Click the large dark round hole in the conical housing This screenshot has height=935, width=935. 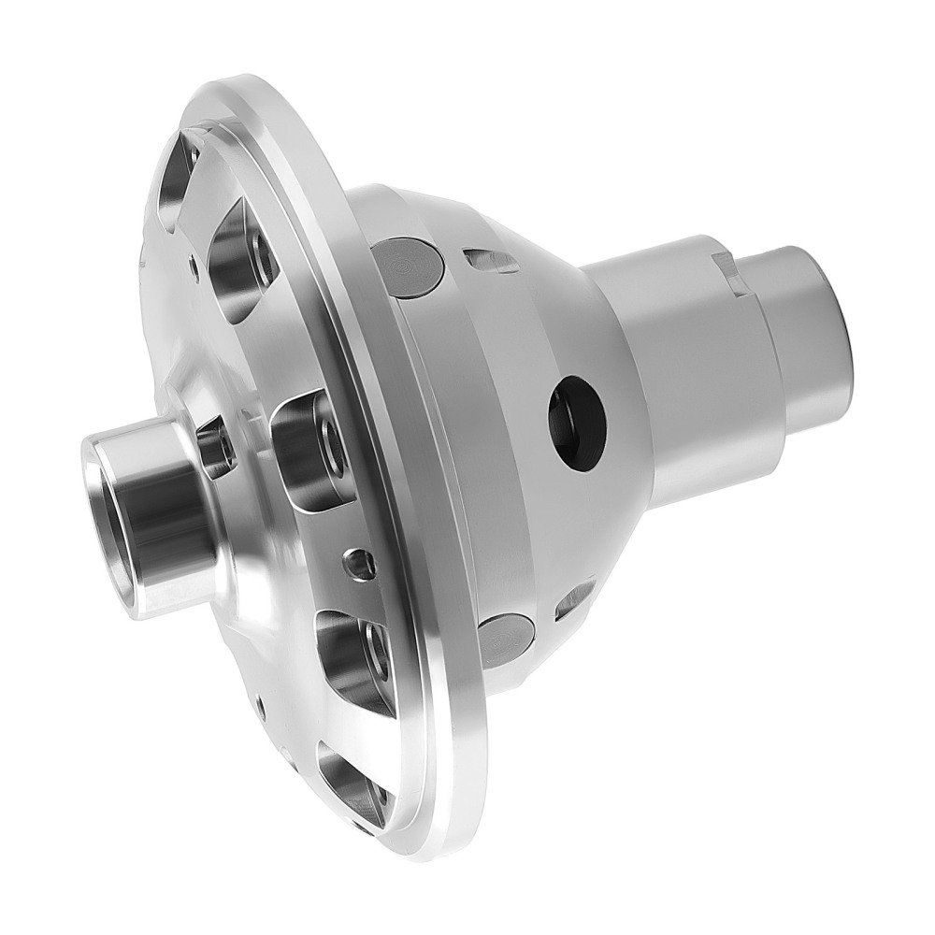click(x=577, y=422)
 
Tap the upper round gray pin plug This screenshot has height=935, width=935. click(x=410, y=266)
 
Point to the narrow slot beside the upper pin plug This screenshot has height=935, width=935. click(x=491, y=261)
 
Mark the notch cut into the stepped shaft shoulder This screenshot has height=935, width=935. click(x=732, y=272)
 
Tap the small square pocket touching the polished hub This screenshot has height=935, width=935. click(x=214, y=447)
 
